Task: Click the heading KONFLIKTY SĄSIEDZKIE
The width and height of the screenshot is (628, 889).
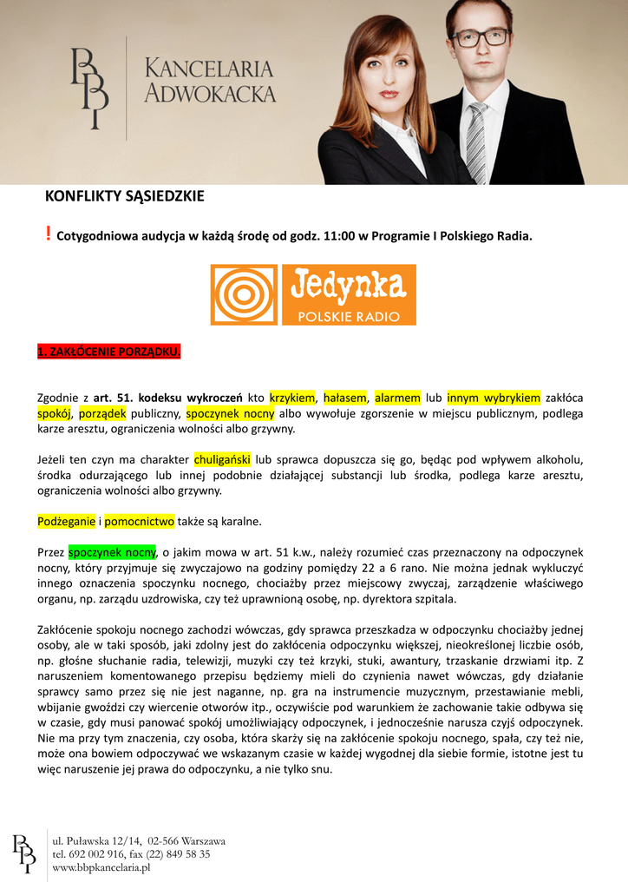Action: [x=124, y=196]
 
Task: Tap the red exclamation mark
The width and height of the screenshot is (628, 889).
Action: [x=48, y=233]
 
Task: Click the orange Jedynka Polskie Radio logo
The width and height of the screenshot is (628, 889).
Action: [x=313, y=295]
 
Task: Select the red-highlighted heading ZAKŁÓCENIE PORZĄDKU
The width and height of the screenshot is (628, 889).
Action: [x=108, y=352]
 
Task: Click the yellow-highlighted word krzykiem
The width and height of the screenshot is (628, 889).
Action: [x=292, y=398]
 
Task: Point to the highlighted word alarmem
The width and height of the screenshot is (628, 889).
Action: [x=398, y=398]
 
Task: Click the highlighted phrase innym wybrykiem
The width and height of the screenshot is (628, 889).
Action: [x=494, y=398]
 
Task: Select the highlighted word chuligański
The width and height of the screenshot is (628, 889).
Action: [x=222, y=459]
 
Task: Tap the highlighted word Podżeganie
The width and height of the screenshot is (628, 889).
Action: [x=66, y=521]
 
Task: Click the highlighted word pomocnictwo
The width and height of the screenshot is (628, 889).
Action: [x=140, y=521]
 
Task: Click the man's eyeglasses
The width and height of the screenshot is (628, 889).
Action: [x=480, y=37]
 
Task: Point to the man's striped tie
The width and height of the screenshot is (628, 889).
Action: [x=476, y=139]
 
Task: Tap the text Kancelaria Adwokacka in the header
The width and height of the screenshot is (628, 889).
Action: [x=209, y=81]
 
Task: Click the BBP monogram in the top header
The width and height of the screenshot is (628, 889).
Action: [x=89, y=87]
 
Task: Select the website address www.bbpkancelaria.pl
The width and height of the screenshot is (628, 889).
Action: [x=102, y=866]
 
